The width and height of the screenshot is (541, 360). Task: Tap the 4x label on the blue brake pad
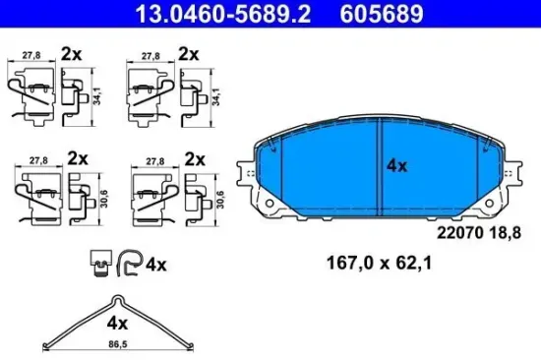tap(396, 167)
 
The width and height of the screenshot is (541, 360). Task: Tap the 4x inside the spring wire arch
tap(118, 322)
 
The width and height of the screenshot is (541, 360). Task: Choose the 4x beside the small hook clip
tap(157, 264)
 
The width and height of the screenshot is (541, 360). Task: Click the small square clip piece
tap(98, 261)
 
